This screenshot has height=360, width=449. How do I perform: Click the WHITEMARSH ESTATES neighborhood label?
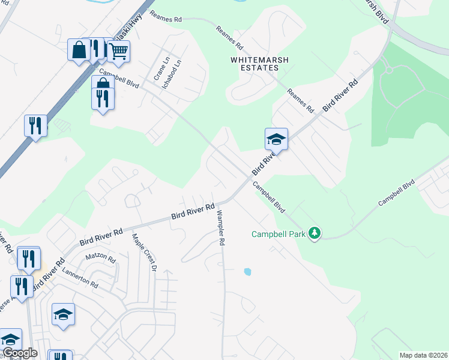[255, 64]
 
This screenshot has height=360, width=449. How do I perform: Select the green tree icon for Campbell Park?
[314, 233]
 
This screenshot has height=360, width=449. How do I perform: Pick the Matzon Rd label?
[100, 257]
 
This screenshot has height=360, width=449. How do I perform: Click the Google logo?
[19, 353]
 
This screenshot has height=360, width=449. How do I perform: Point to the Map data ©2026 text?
[423, 355]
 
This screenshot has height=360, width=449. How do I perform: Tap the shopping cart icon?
[119, 52]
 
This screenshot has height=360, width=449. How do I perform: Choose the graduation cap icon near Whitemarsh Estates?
[276, 140]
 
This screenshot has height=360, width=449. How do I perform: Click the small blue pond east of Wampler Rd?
[247, 272]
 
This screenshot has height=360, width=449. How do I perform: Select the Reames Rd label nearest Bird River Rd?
[300, 101]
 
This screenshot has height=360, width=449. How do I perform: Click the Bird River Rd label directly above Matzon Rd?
[101, 236]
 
